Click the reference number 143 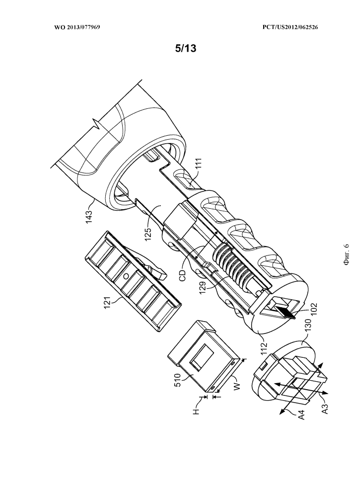pos(89,218)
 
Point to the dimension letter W pos(237,386)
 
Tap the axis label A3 pos(324,409)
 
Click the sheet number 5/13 pos(186,49)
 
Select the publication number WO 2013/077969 pos(77,27)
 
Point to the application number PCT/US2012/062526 pos(290,27)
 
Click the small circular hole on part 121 pos(126,276)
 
